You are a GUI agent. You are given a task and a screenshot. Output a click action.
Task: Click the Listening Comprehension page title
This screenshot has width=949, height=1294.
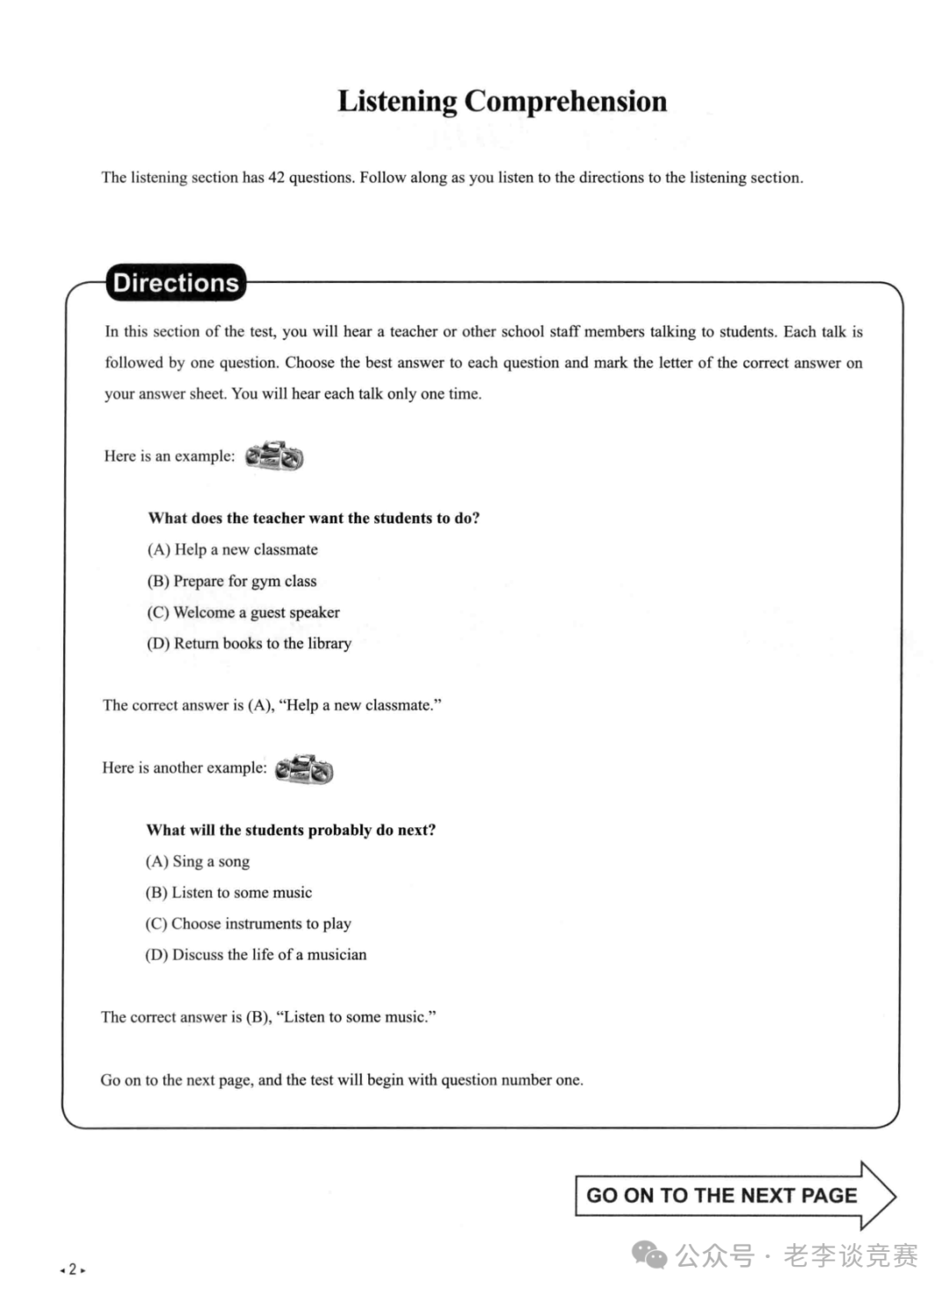click(502, 101)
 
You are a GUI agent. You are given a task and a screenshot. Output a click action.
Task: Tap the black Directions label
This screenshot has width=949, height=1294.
click(176, 283)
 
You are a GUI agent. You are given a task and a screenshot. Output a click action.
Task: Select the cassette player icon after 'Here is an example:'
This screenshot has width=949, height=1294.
click(274, 456)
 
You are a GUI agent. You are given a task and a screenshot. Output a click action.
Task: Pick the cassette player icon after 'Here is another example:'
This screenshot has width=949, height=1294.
click(304, 769)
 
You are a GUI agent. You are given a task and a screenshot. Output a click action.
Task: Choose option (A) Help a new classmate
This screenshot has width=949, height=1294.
click(233, 549)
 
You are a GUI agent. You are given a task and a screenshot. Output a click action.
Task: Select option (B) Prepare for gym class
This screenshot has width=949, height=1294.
click(232, 581)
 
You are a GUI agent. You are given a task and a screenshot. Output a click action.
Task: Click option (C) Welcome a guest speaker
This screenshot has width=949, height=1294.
click(243, 613)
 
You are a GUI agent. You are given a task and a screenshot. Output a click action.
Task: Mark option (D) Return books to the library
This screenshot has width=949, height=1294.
click(249, 643)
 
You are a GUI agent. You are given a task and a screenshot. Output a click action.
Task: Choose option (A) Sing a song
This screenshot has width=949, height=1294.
click(198, 861)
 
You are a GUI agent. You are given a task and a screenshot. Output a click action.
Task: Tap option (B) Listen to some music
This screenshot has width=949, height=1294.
click(228, 892)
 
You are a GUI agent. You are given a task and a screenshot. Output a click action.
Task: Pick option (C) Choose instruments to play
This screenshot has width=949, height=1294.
click(248, 924)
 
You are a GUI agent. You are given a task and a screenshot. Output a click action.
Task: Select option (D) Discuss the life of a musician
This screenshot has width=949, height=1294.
click(256, 955)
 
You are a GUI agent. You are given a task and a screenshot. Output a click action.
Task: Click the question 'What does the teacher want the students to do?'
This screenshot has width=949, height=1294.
click(314, 518)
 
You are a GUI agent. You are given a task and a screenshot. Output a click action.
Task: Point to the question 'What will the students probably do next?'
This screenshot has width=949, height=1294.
click(291, 830)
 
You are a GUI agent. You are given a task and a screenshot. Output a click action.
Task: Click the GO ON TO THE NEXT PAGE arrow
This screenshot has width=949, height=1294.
click(734, 1196)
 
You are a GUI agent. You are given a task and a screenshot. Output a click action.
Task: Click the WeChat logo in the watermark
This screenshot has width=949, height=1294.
click(650, 1255)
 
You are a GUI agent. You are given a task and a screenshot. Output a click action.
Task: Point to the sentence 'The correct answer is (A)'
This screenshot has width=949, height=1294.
click(272, 705)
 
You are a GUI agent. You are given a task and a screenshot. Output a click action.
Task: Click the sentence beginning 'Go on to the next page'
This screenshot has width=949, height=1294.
click(342, 1080)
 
